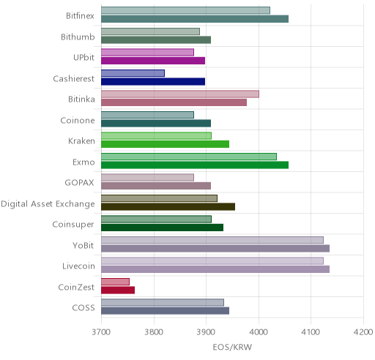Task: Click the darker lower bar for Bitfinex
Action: click(195, 19)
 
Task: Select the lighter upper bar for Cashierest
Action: click(133, 73)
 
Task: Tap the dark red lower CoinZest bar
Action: click(118, 290)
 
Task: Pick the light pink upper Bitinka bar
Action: click(180, 94)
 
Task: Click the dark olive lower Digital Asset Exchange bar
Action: click(168, 206)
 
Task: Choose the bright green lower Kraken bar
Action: click(166, 144)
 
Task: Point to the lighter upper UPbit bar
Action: click(147, 52)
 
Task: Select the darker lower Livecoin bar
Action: click(215, 269)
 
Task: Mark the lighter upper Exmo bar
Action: click(189, 157)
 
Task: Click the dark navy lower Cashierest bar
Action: click(153, 81)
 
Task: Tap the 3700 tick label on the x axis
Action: click(101, 332)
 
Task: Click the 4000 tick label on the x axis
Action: click(259, 332)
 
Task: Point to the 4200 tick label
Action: click(363, 332)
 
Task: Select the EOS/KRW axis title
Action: click(232, 347)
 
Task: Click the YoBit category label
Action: click(83, 245)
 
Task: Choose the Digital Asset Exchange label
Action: click(48, 204)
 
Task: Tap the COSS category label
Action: click(83, 308)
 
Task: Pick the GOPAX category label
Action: click(79, 183)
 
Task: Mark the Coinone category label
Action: click(78, 121)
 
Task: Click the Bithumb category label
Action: click(78, 37)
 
